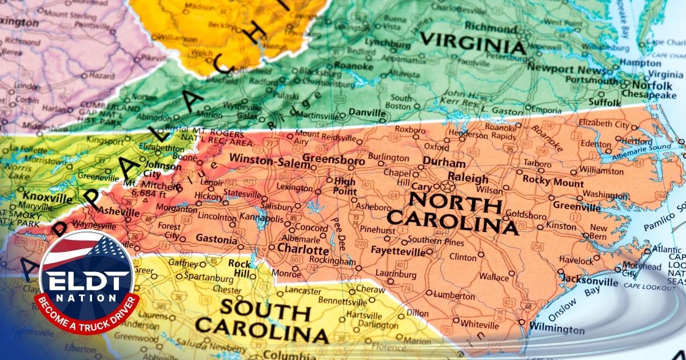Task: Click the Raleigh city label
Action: click(x=468, y=178)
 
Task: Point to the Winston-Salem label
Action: click(x=264, y=161)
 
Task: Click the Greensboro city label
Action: click(x=333, y=161)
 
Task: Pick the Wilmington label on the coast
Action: click(x=557, y=329)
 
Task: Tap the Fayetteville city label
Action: click(x=398, y=251)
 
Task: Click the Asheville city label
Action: click(x=118, y=212)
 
